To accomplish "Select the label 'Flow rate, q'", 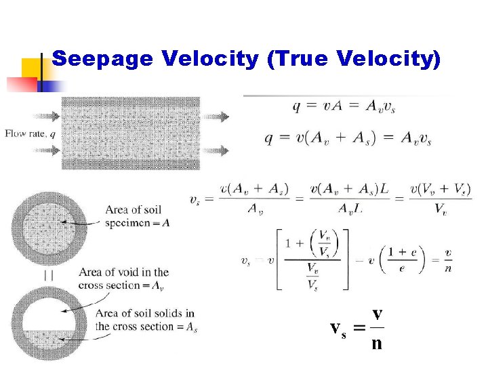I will click(x=30, y=134).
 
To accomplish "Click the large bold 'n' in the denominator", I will click(x=376, y=343).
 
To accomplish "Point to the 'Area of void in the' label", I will click(x=123, y=272).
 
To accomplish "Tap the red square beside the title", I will click(x=20, y=85).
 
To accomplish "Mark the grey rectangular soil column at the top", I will click(x=130, y=133).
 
